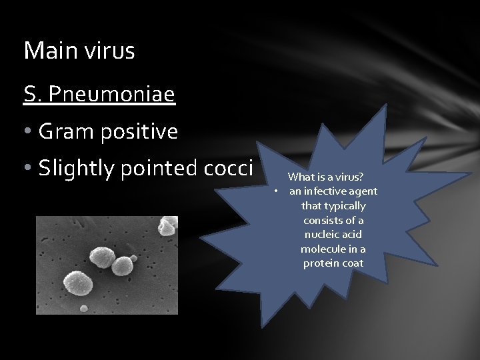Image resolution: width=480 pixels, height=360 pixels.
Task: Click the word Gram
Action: click(67, 132)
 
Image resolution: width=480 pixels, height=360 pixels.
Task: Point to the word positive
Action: click(140, 132)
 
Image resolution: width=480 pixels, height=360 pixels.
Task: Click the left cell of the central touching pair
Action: click(103, 257)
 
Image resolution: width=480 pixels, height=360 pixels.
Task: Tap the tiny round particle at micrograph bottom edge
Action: click(84, 308)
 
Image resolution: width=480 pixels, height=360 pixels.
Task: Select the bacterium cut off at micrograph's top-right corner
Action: click(168, 225)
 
